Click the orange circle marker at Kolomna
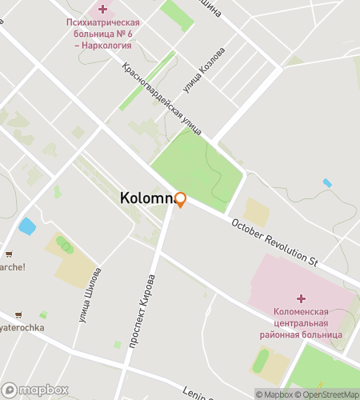(181, 199)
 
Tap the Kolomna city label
(147, 197)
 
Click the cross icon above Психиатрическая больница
(102, 9)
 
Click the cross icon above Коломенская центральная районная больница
(301, 298)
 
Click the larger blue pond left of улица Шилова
(27, 226)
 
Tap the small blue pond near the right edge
(327, 183)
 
